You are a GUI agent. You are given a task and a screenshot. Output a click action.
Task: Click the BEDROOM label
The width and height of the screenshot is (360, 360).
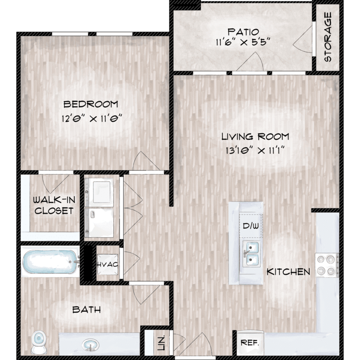(x=91, y=104)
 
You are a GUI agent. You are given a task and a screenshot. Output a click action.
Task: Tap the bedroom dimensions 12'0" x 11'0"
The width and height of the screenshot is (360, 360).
(x=91, y=119)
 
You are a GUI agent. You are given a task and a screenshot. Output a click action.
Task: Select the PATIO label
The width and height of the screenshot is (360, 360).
(x=243, y=32)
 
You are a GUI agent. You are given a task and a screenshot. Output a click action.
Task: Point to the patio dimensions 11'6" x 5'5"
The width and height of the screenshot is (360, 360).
(x=243, y=42)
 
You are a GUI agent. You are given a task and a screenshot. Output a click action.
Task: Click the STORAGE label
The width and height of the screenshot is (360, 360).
(x=328, y=37)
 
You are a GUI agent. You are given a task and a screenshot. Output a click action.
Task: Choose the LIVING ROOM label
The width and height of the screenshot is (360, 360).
(x=255, y=137)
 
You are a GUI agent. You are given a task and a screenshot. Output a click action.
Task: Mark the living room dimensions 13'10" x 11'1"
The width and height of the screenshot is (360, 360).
(x=255, y=151)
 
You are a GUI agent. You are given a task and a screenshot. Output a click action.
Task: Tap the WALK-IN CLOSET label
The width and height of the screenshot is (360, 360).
(x=54, y=205)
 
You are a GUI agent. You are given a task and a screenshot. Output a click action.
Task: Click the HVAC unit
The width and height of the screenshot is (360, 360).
(x=108, y=264)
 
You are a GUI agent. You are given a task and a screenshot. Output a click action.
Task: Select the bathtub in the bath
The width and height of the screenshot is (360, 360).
(x=50, y=262)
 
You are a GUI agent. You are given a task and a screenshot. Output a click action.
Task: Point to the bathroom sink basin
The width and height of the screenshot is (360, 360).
(x=90, y=345)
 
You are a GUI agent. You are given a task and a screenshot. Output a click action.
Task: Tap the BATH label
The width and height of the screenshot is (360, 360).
(x=86, y=310)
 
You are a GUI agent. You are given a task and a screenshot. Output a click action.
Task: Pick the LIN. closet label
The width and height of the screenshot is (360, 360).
(x=161, y=343)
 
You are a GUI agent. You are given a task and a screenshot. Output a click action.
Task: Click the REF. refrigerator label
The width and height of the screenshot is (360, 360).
(x=250, y=343)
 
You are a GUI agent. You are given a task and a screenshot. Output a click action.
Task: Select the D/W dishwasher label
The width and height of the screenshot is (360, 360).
(x=251, y=226)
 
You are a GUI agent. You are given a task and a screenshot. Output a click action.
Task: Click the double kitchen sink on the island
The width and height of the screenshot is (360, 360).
(x=252, y=254)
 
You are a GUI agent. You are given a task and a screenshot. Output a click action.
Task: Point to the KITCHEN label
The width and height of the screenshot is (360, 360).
(x=288, y=272)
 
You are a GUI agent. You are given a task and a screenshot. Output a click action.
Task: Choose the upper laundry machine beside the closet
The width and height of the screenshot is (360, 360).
(x=99, y=192)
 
